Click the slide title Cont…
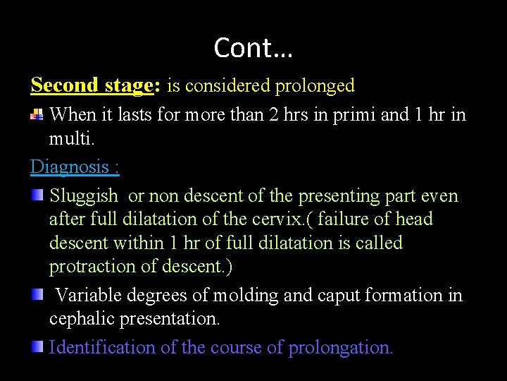254,48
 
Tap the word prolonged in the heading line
315,86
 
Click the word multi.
70,138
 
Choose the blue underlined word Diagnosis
69,167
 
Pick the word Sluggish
83,195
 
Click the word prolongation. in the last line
341,347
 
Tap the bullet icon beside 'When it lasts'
38,114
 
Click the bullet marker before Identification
37,346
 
